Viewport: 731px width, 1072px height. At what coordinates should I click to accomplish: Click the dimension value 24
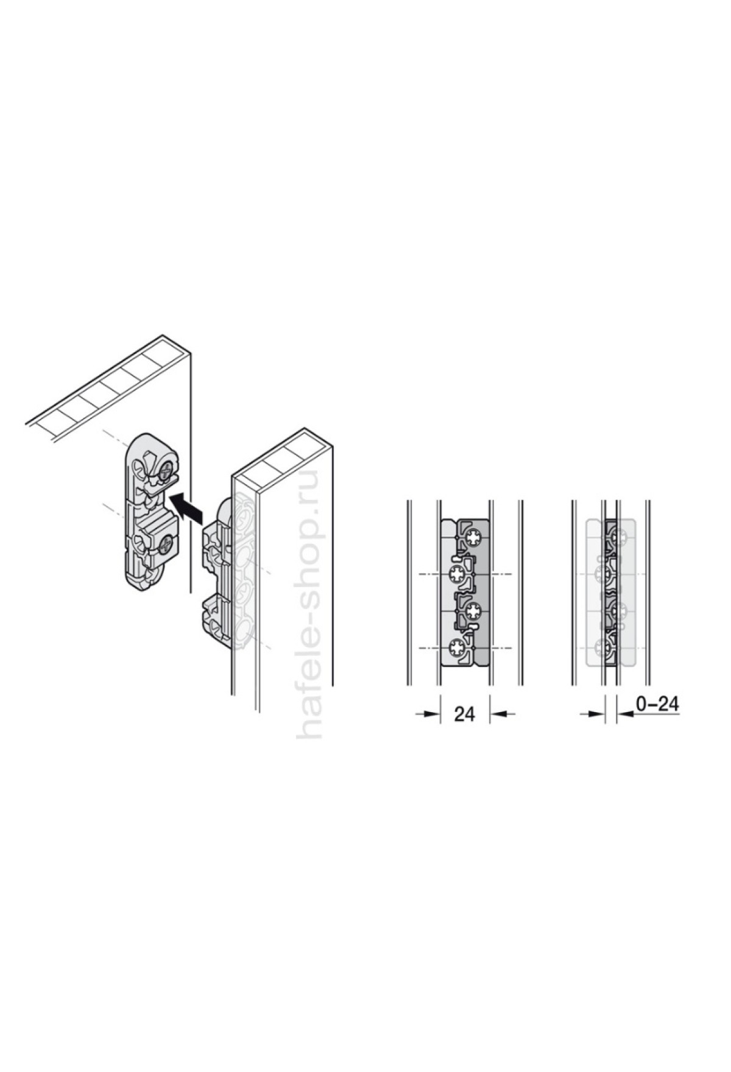tap(464, 714)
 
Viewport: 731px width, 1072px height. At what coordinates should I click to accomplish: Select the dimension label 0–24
tap(657, 704)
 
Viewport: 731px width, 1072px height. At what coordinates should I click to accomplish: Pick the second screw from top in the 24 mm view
tap(456, 574)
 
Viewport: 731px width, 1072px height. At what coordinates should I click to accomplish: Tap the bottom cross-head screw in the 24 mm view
tap(456, 647)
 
